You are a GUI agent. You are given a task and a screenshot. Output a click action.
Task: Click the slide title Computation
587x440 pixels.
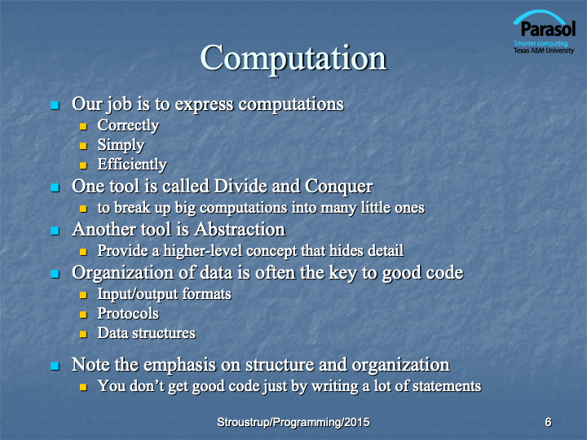293,58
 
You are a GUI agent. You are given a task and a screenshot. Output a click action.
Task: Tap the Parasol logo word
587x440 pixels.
548,29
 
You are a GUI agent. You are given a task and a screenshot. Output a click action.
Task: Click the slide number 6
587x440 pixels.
548,422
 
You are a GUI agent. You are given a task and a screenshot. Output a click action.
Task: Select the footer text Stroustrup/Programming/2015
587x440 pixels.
293,422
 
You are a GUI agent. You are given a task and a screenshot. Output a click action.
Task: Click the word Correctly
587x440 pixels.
128,125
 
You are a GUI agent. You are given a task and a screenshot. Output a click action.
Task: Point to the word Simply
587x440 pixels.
121,145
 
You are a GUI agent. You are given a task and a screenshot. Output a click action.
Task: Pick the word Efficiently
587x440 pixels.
132,165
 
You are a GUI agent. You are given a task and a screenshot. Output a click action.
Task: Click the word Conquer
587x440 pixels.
339,187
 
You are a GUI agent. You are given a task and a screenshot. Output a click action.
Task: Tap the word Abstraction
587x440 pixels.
240,229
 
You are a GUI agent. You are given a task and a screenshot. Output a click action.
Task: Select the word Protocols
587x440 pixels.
128,314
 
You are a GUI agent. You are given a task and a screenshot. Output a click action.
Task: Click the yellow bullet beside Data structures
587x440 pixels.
83,334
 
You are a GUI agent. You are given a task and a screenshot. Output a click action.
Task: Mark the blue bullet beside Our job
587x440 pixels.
55,105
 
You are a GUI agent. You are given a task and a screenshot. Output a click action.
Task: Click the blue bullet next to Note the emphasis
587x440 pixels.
55,366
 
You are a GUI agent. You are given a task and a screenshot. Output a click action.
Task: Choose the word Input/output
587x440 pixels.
138,294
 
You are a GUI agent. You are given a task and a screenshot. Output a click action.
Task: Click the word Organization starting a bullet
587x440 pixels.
123,273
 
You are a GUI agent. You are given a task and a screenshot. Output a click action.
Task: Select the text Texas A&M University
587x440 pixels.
544,51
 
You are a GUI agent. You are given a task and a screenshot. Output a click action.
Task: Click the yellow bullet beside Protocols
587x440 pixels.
83,315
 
